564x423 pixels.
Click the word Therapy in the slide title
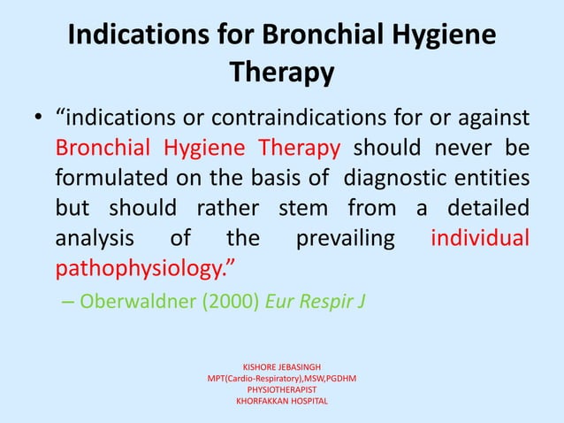tap(281, 72)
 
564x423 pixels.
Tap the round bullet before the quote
tap(36, 119)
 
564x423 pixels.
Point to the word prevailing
tap(352, 239)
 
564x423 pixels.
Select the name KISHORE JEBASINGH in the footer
tap(281, 365)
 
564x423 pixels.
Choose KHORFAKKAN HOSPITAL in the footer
tap(281, 401)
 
